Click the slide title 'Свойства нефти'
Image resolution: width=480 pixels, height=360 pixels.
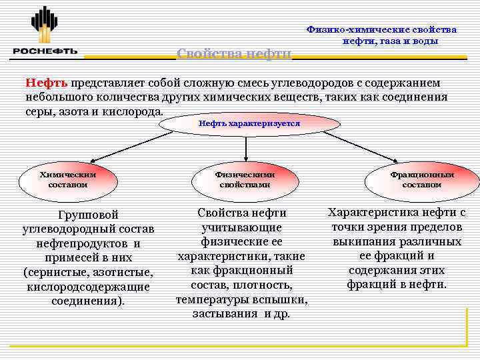pos(234,53)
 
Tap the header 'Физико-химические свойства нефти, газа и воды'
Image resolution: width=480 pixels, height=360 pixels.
pos(381,35)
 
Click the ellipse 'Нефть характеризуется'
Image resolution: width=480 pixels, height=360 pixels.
pos(249,124)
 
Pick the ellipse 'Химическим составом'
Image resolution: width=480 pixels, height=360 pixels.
pos(67,179)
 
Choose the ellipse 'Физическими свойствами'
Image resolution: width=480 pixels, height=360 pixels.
pos(245,179)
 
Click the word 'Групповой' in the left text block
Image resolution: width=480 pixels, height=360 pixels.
pos(88,215)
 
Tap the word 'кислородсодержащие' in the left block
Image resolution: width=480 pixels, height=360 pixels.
pos(88,286)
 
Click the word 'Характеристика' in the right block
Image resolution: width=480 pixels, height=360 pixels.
pos(369,213)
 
